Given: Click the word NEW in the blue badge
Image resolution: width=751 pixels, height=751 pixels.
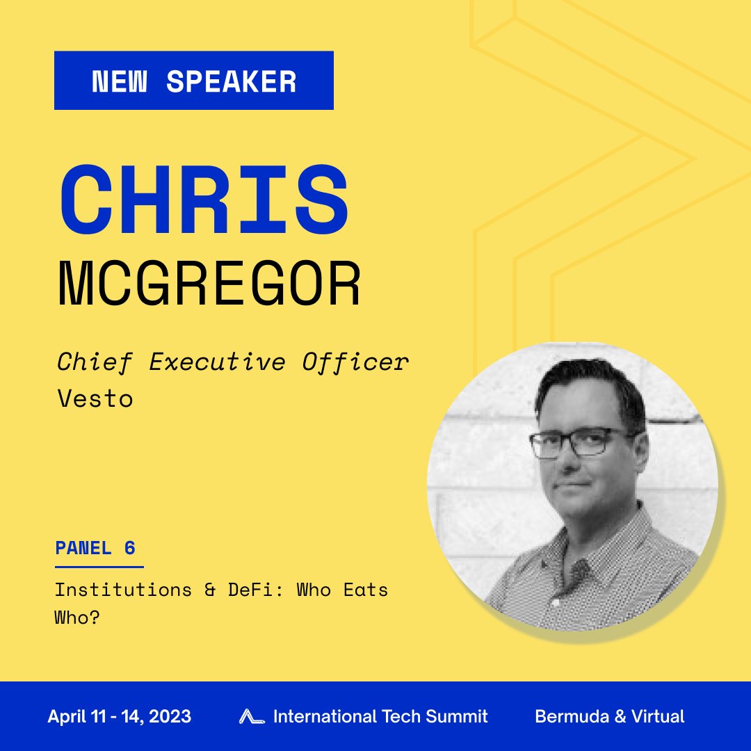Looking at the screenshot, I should tap(120, 82).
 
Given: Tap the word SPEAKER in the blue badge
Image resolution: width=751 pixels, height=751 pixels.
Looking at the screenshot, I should tap(232, 82).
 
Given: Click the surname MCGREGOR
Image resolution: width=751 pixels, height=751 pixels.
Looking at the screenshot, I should tap(209, 284).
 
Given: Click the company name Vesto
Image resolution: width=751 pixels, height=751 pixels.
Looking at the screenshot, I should tap(95, 398).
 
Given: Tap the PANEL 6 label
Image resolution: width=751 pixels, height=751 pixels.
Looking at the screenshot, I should tap(95, 548).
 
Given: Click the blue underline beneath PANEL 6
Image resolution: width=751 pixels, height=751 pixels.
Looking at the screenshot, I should tap(99, 567).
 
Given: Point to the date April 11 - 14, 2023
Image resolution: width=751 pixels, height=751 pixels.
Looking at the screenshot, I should tap(119, 716).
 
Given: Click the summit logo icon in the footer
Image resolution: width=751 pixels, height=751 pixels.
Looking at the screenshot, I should tap(251, 716).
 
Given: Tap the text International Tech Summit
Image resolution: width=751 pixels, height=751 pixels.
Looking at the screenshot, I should tap(380, 716).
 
